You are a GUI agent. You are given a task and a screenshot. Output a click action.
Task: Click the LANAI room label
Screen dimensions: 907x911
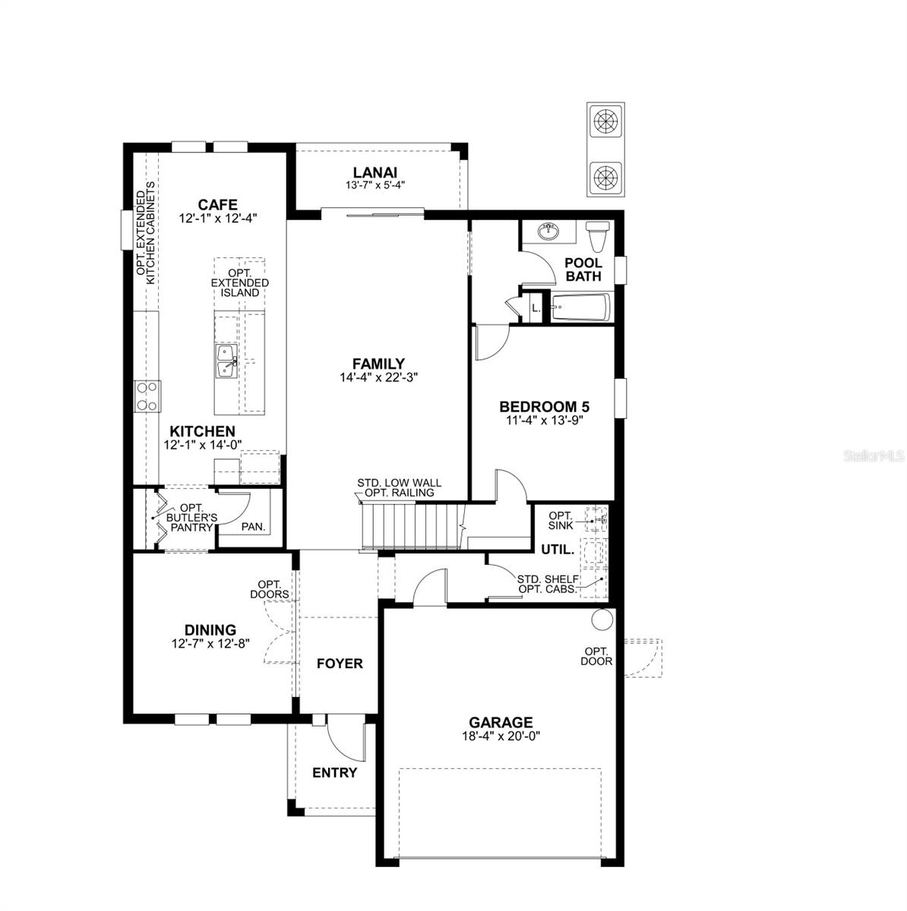tap(374, 172)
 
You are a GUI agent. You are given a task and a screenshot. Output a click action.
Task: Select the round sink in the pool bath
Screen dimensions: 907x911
tap(548, 232)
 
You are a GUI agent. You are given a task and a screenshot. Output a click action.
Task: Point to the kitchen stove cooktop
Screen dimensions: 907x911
tap(147, 396)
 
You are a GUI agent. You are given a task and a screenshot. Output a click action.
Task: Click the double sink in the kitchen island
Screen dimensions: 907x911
tap(226, 361)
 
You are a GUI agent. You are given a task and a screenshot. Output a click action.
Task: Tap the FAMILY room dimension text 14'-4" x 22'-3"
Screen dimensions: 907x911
tap(378, 377)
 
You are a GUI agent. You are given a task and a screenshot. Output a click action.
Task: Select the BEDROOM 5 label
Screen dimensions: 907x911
tap(544, 407)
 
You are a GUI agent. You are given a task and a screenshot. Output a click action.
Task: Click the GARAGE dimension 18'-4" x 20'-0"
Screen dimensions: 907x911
tap(501, 736)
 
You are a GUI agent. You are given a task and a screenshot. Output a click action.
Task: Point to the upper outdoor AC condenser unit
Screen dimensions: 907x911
tap(605, 121)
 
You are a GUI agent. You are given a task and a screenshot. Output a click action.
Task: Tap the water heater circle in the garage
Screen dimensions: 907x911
tap(602, 619)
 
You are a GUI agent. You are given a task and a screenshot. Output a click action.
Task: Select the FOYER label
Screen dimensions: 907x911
tap(340, 664)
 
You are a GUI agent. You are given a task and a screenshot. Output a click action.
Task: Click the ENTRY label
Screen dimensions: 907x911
tap(334, 773)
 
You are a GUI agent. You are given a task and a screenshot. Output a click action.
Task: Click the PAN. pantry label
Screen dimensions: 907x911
tap(254, 526)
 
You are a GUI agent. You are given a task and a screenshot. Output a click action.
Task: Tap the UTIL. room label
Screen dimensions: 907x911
tap(558, 550)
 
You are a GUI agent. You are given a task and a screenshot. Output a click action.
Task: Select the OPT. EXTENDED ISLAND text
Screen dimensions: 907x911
tap(239, 282)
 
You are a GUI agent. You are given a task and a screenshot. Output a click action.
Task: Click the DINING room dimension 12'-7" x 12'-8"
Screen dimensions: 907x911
tap(210, 644)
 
